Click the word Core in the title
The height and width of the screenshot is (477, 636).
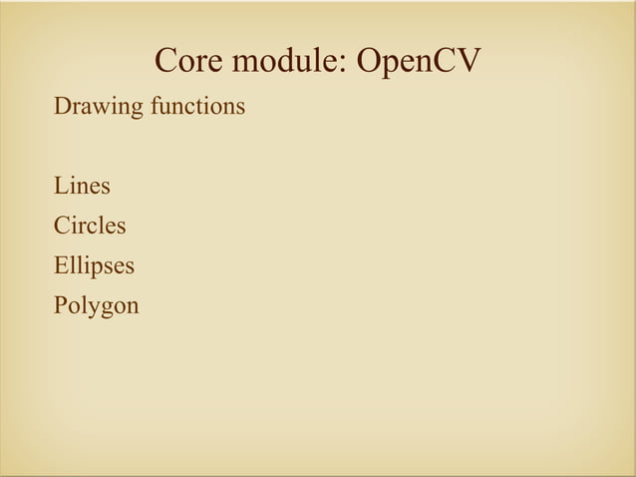click(x=187, y=63)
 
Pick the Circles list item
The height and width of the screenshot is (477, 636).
click(x=90, y=226)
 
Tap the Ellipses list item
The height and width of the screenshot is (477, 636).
click(x=95, y=266)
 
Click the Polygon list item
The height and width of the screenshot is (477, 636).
click(x=97, y=306)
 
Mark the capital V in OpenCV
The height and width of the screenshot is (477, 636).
click(x=466, y=63)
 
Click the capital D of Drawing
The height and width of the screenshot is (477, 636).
click(x=62, y=105)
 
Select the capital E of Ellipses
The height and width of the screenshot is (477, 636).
click(x=61, y=265)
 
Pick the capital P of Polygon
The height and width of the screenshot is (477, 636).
click(x=60, y=305)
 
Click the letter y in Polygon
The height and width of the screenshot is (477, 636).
click(x=93, y=308)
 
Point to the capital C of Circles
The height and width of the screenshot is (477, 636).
click(x=62, y=226)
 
